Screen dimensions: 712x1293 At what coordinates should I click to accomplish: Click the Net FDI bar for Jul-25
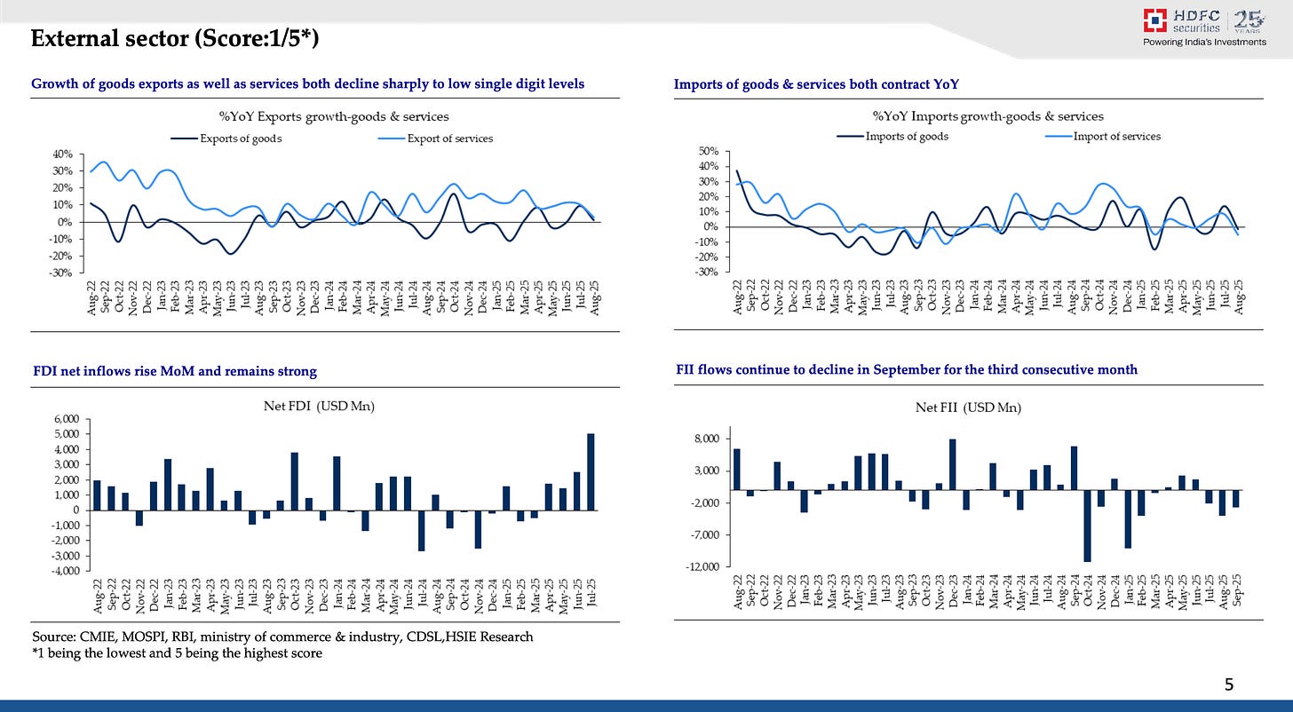pos(591,471)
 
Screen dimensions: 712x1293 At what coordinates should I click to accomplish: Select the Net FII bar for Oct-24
pos(1087,526)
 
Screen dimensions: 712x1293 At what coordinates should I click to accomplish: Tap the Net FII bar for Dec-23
pos(953,464)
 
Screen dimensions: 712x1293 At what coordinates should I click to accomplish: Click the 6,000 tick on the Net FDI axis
pos(67,419)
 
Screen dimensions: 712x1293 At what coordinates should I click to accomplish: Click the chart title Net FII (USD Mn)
pos(968,407)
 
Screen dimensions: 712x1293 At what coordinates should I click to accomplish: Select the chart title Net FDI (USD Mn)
pos(333,406)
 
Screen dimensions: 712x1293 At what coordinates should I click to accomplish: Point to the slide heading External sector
pos(174,39)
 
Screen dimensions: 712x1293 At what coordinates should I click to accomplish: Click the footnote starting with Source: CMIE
pos(282,637)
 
